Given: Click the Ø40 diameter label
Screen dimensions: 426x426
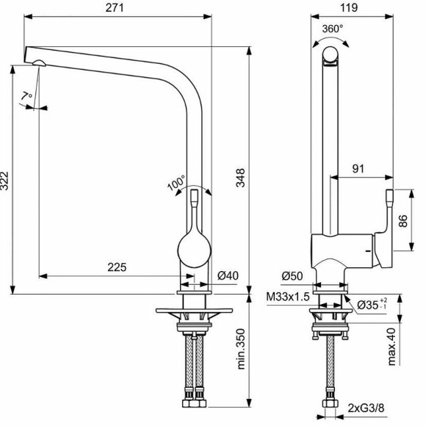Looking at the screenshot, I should (228, 276).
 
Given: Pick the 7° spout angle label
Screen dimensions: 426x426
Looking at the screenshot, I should (27, 96).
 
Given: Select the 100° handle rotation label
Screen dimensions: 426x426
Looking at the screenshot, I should (177, 184).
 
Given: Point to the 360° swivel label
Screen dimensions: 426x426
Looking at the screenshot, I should (333, 29).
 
